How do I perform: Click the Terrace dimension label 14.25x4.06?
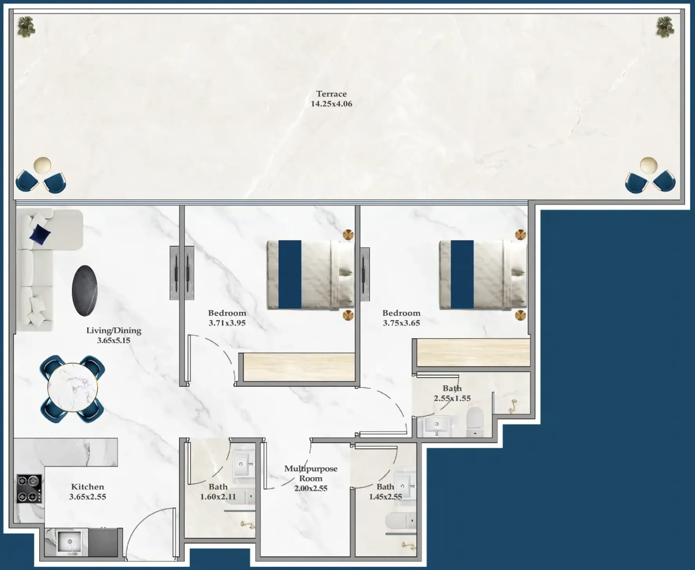click(x=331, y=104)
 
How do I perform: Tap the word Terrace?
click(x=331, y=94)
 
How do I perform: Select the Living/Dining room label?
click(x=114, y=335)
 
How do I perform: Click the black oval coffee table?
click(x=85, y=290)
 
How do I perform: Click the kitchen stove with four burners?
click(x=29, y=489)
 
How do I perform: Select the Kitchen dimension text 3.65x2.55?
click(x=87, y=497)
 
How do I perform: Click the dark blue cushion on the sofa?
click(x=40, y=234)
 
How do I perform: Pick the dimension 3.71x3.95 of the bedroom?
click(x=227, y=323)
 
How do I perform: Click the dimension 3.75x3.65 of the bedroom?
click(x=401, y=323)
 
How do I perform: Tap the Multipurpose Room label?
click(x=311, y=478)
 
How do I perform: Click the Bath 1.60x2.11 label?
click(x=218, y=492)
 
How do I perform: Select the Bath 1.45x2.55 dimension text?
click(x=386, y=497)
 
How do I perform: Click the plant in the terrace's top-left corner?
click(x=27, y=27)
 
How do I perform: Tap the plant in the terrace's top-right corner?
click(x=665, y=27)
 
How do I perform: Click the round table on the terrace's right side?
click(x=648, y=165)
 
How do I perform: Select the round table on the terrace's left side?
click(x=42, y=165)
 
